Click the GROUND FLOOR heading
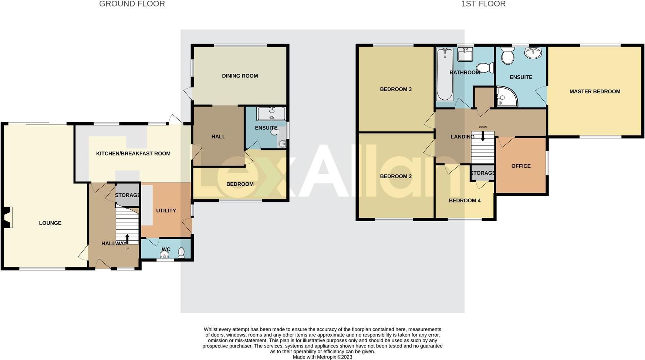[132, 4]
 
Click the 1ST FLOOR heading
[483, 4]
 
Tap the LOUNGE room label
[50, 223]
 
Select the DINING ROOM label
[240, 76]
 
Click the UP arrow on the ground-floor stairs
[127, 239]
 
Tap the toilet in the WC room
[181, 252]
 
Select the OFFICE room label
[521, 166]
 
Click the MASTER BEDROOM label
[595, 92]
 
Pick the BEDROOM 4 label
[465, 200]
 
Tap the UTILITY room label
[166, 210]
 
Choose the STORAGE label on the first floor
[483, 173]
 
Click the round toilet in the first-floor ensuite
[506, 57]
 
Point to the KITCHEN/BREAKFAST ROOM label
[133, 154]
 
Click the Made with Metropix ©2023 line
[322, 357]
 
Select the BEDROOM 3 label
[396, 89]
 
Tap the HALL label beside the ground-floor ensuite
[218, 137]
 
